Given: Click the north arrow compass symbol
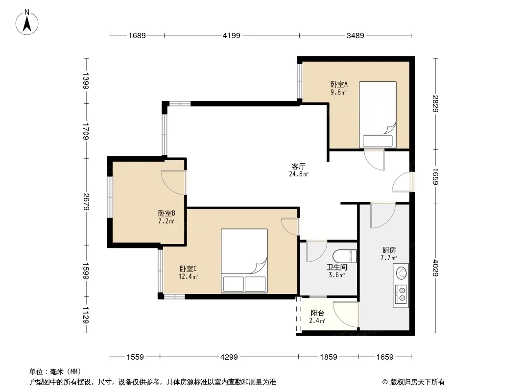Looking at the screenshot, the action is click(x=27, y=23).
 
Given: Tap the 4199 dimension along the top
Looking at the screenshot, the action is click(x=231, y=35).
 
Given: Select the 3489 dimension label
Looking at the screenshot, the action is click(x=355, y=35).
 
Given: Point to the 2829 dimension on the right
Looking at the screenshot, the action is click(x=435, y=103).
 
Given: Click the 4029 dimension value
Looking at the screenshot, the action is click(x=435, y=268).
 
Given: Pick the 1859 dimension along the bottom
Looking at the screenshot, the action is click(x=329, y=357).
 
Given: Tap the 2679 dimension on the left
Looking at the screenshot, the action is click(x=86, y=202).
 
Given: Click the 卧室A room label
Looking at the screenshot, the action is click(x=339, y=85).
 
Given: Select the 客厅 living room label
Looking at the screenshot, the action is click(x=299, y=166).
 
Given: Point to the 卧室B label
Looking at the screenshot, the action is click(x=166, y=214).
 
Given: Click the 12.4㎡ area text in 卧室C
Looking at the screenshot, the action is click(x=189, y=276).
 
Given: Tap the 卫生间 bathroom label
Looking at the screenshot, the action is click(x=336, y=267).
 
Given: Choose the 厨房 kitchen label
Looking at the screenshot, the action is click(x=389, y=250).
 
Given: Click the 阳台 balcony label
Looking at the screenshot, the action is click(x=317, y=313).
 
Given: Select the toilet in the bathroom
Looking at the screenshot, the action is click(x=345, y=256).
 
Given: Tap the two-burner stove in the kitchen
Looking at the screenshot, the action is click(x=401, y=294).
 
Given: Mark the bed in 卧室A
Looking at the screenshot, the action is click(x=378, y=115).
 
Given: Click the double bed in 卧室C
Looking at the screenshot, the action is click(x=244, y=261).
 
